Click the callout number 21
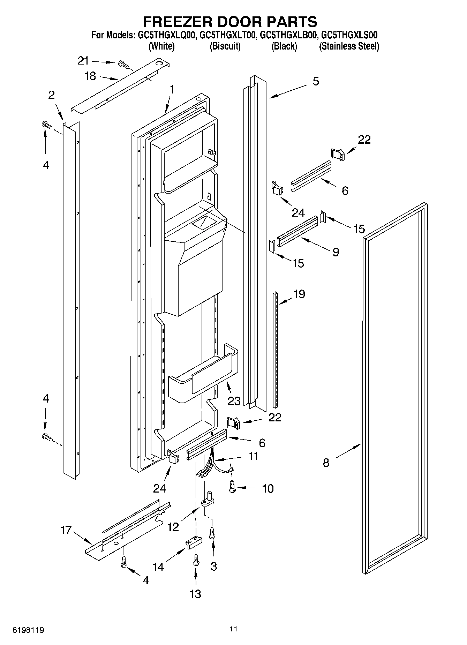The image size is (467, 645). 83,61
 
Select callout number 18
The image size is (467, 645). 90,76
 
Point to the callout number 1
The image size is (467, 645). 172,90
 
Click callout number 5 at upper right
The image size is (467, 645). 316,81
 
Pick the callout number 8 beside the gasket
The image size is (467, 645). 326,463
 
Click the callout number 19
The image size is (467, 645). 299,294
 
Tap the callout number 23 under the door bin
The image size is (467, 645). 234,401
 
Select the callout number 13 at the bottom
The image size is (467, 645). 195,593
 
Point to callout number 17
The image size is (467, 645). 66,530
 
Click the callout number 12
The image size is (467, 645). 173,526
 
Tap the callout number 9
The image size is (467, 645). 336,252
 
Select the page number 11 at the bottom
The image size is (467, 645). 233,629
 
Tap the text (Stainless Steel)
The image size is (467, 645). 349,46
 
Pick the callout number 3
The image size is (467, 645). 213,566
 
